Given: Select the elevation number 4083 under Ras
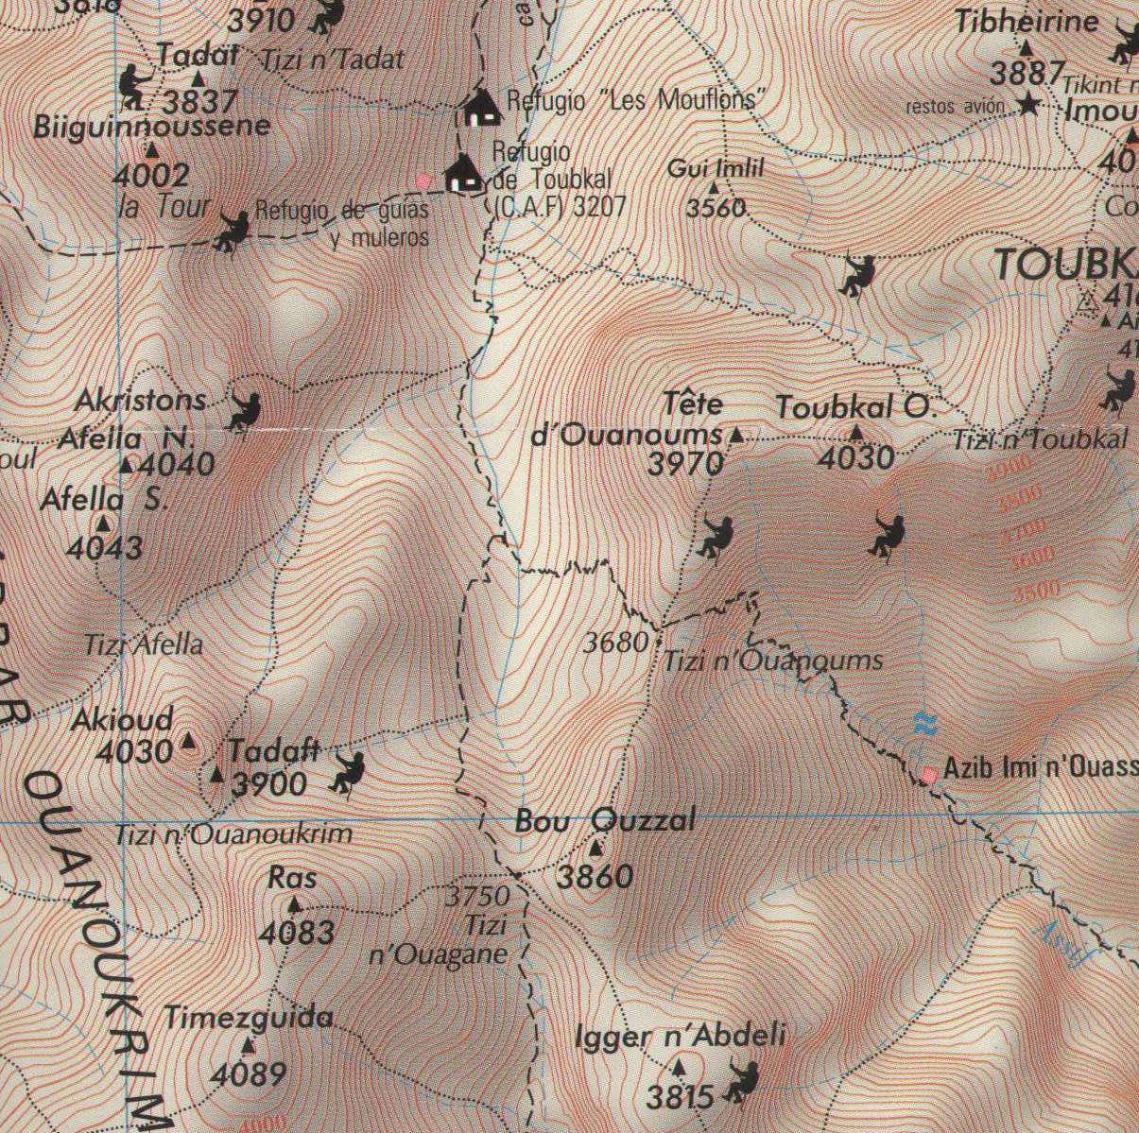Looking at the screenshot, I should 297,933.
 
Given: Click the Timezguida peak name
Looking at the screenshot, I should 249,1018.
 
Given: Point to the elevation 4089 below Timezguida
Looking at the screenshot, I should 249,1074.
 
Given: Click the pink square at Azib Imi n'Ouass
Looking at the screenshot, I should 930,775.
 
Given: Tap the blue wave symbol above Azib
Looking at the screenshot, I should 923,723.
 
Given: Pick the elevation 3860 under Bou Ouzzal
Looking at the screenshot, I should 595,877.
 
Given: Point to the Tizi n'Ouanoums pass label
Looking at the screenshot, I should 773,661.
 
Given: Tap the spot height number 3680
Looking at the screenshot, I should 614,644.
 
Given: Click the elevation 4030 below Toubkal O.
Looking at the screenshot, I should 855,458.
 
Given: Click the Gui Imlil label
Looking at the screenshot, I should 715,169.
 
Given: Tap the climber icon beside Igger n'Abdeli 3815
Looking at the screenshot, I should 742,1082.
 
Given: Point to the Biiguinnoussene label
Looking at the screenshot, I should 151,126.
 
